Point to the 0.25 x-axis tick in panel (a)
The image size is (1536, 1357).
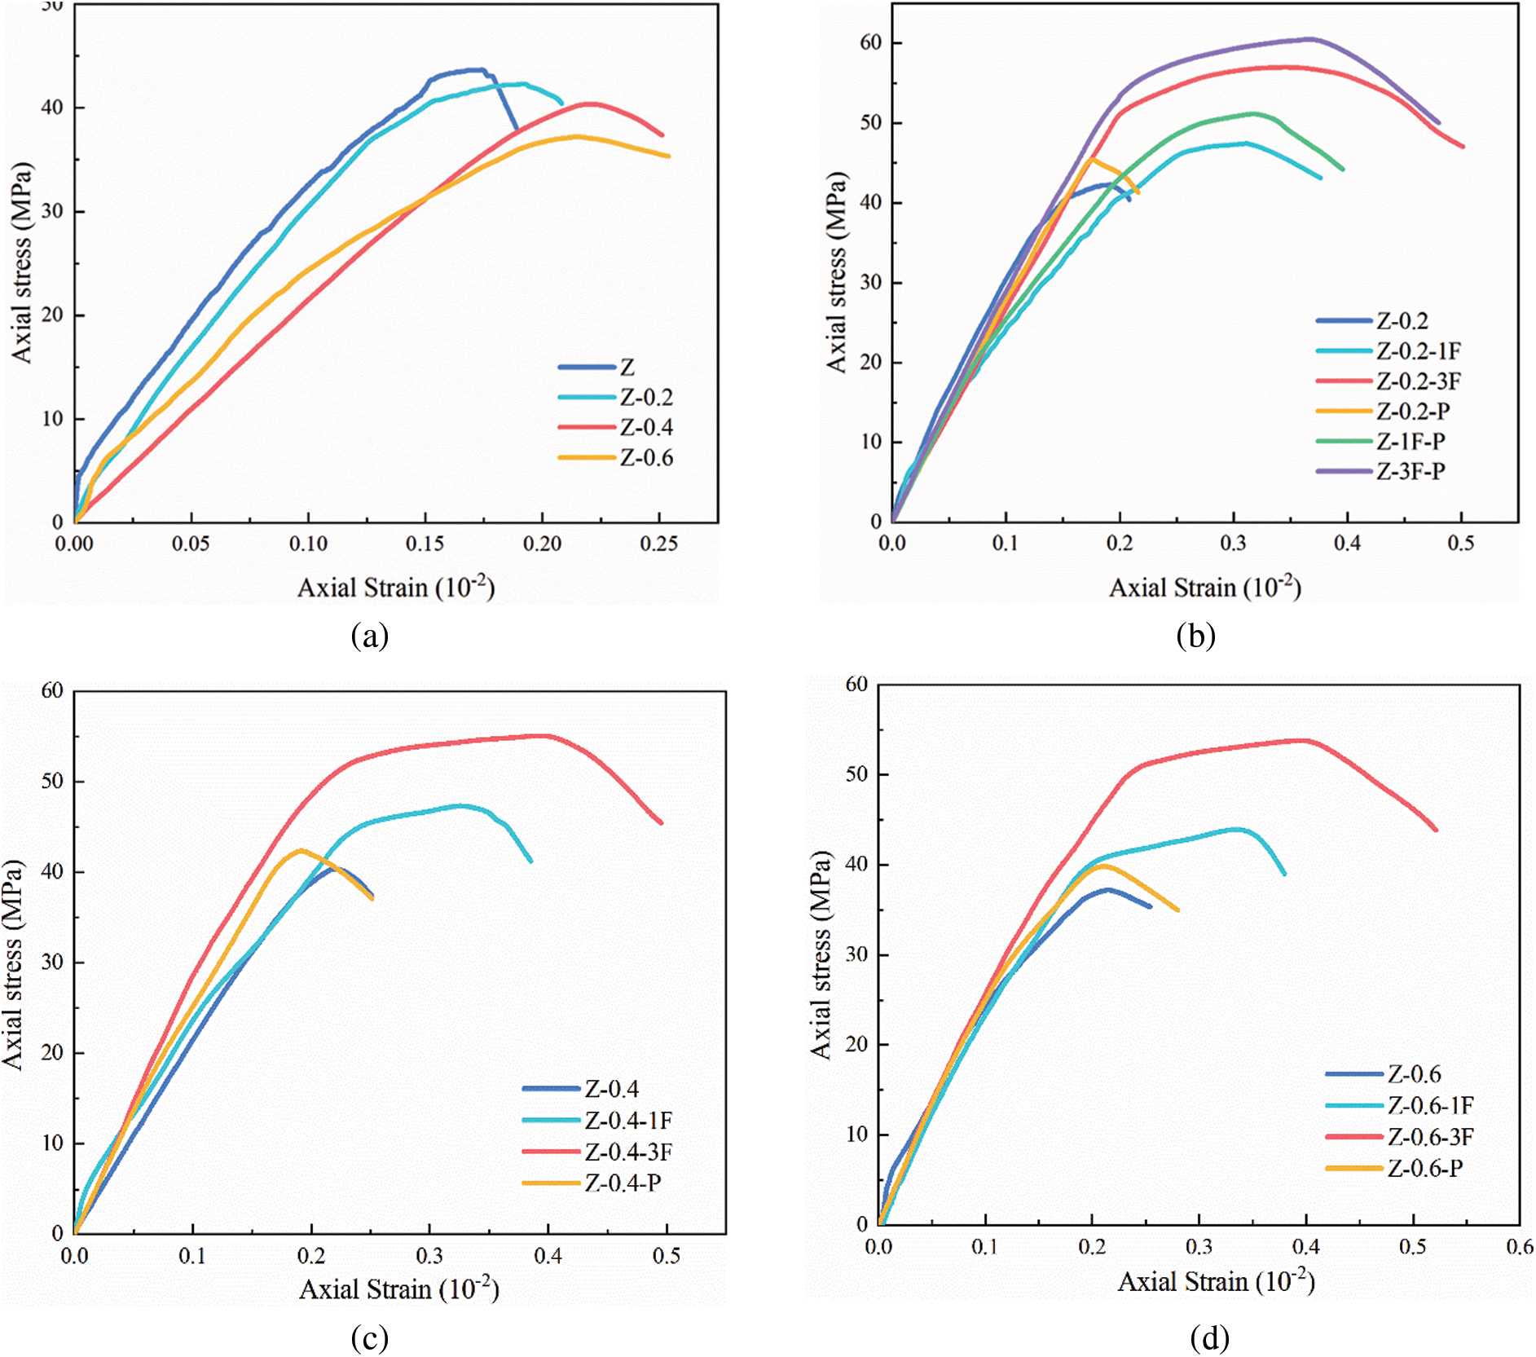[x=658, y=544]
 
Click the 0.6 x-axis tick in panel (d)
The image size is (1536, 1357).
[x=1519, y=1247]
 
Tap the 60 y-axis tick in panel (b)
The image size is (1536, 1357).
[x=870, y=42]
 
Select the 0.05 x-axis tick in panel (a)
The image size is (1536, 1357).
[x=191, y=544]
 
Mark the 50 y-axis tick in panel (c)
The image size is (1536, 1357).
[x=52, y=781]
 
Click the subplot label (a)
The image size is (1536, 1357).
[x=369, y=636]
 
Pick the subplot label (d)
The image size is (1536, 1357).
[x=1209, y=1337]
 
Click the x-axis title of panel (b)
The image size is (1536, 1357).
[x=1204, y=588]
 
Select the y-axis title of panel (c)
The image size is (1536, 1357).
[x=14, y=963]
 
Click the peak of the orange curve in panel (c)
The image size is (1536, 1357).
[x=301, y=851]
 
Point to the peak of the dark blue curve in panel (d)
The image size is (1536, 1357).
[x=1106, y=889]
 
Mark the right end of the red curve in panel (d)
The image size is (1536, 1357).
[x=1436, y=830]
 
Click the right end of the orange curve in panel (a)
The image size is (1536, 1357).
[x=669, y=156]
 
